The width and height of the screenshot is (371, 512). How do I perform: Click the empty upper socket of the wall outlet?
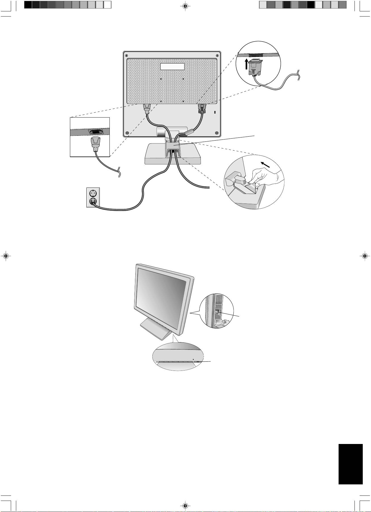(x=93, y=193)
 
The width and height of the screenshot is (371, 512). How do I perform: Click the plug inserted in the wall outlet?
(x=93, y=201)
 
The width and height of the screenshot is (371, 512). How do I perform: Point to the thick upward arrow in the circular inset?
(x=246, y=64)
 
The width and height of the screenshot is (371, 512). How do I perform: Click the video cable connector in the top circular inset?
(x=255, y=67)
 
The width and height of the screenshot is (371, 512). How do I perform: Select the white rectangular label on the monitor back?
(x=172, y=66)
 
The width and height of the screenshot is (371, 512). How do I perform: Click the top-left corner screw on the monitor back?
(x=127, y=55)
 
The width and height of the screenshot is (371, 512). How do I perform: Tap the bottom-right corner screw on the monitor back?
(x=217, y=133)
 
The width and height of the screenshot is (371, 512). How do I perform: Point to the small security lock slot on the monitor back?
(x=215, y=112)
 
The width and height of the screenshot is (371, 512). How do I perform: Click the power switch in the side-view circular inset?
(x=217, y=312)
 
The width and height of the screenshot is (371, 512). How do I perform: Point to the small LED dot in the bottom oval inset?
(x=193, y=359)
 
